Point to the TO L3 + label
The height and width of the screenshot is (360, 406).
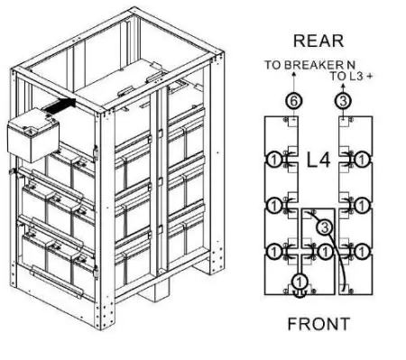[x=352, y=77]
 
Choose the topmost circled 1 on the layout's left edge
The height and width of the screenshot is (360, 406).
[x=270, y=162]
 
